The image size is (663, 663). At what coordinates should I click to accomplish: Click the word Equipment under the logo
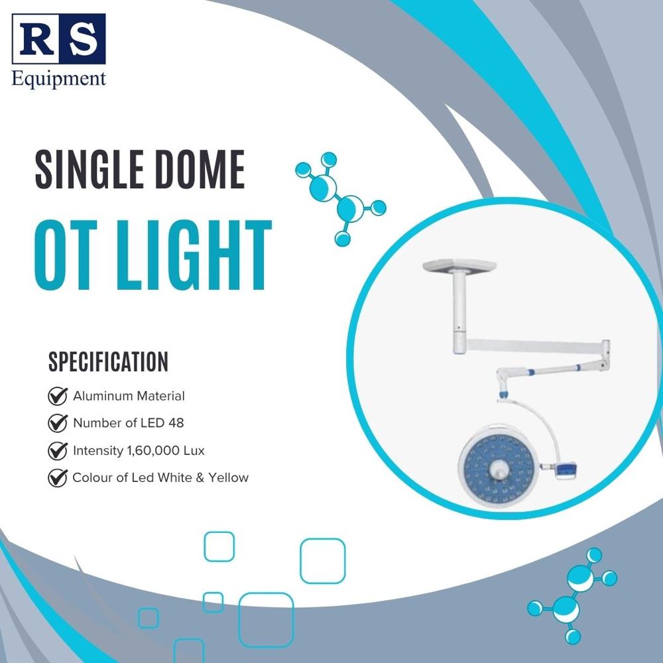pos(59,79)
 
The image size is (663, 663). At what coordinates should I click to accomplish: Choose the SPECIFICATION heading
pos(108,363)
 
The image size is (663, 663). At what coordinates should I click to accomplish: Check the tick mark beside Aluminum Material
pos(58,396)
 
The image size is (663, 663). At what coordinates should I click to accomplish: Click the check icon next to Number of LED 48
pos(58,423)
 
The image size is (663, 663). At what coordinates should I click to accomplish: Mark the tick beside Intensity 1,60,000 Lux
pos(58,451)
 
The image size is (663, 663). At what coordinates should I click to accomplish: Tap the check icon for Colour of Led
pos(58,477)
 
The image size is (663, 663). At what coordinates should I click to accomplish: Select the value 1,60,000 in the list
pos(153,451)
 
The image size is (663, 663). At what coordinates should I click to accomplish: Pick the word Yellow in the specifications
pos(228,477)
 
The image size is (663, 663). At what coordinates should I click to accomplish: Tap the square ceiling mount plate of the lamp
pos(459,266)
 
